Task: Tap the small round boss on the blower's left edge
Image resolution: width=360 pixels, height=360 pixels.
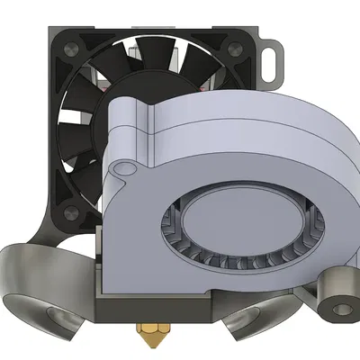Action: [120, 167]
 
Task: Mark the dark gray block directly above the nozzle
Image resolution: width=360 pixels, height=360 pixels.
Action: [153, 310]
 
